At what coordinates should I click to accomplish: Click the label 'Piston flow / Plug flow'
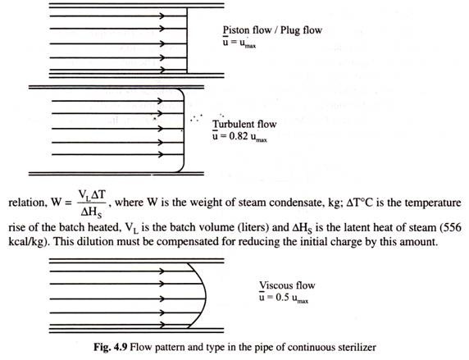click(x=272, y=30)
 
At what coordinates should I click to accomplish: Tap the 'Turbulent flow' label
click(x=244, y=124)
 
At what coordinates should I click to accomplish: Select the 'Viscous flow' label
click(x=287, y=285)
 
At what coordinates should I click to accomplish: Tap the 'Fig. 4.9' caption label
click(x=111, y=348)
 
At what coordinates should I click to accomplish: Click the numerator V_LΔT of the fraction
click(x=92, y=195)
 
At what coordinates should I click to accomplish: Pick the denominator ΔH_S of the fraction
click(x=91, y=212)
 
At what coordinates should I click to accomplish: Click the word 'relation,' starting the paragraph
click(x=26, y=203)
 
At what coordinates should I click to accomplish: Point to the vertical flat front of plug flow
click(x=187, y=40)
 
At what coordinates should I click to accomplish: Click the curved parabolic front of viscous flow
click(x=206, y=298)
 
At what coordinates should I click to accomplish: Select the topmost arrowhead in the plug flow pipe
click(x=162, y=16)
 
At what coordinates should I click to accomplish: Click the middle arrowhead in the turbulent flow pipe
click(x=161, y=129)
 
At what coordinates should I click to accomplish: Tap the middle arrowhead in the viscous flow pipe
click(x=162, y=298)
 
